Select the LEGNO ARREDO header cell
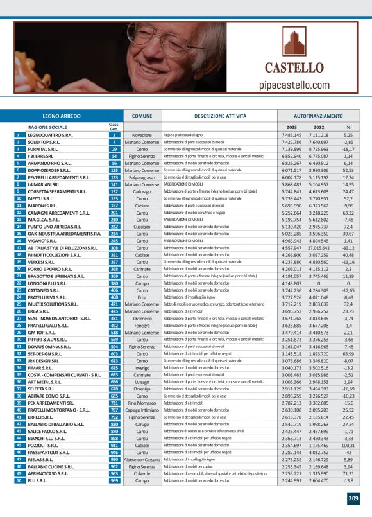(x=60, y=116)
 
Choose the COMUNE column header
(x=142, y=116)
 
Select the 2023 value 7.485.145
(x=292, y=136)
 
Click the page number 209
(x=353, y=498)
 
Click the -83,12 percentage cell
(x=348, y=247)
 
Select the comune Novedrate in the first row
(x=142, y=136)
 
